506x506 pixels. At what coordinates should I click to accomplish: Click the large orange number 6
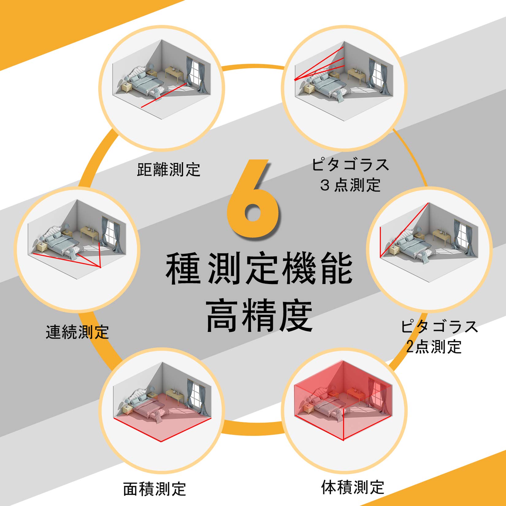point(253,199)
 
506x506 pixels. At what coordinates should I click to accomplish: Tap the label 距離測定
point(168,170)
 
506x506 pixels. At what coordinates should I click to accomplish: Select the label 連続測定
point(77,332)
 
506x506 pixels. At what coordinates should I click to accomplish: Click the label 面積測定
point(155,489)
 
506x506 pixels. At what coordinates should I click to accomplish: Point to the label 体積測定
point(353,487)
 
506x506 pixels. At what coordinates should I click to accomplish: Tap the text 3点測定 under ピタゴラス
point(350,185)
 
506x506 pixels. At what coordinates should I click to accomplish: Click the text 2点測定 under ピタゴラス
point(434,347)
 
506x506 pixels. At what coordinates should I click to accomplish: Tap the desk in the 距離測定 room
point(174,73)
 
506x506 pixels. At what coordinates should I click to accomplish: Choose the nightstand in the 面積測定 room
point(127,410)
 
